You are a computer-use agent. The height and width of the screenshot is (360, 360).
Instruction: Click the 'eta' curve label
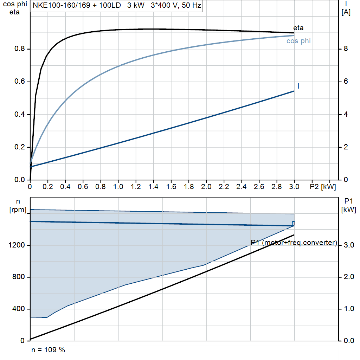point(298,28)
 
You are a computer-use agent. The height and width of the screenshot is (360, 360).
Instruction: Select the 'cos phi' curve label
point(298,41)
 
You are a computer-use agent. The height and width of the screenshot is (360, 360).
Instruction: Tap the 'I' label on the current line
point(298,86)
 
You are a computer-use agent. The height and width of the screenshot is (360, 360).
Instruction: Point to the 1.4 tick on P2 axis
point(154,186)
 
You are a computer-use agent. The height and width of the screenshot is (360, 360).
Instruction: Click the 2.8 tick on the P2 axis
point(277,186)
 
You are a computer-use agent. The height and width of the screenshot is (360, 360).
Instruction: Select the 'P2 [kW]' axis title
point(323,186)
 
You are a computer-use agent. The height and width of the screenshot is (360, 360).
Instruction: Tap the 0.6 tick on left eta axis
point(19,82)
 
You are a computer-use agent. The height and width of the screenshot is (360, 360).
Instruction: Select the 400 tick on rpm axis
point(20,309)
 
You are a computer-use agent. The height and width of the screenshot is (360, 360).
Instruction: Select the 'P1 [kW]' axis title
point(349,205)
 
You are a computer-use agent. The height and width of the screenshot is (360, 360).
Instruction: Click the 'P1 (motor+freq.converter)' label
point(294,243)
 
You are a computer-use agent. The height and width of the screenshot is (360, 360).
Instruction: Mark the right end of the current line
point(294,91)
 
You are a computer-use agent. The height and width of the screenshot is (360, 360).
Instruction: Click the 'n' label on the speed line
point(294,223)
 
